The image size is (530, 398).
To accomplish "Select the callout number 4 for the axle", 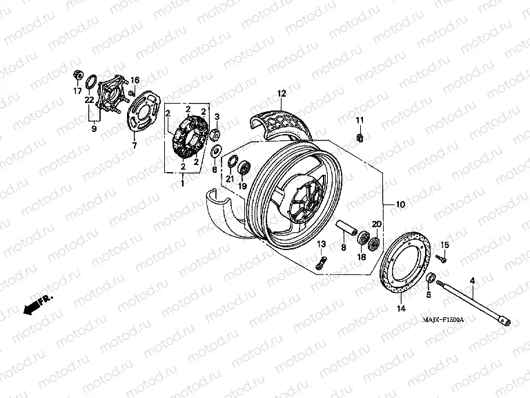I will point(473,280).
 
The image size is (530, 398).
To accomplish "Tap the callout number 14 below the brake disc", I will point(401,310).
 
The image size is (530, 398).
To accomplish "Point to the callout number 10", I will point(401,205).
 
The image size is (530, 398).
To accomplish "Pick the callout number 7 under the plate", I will point(135,145).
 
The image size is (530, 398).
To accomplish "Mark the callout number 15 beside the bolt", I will point(444,245).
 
